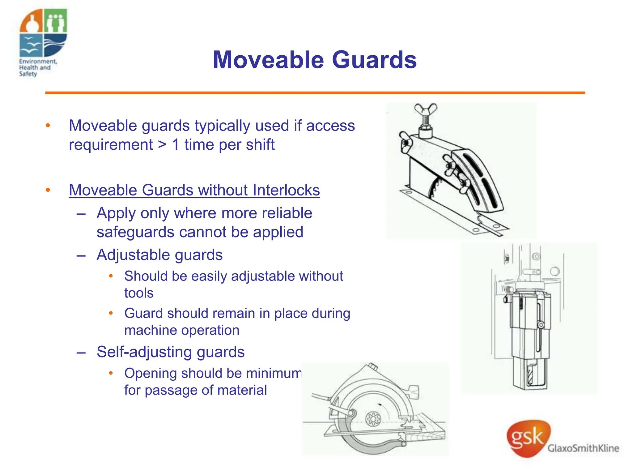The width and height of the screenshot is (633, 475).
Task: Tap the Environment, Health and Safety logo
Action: click(43, 43)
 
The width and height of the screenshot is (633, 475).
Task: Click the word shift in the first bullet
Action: click(260, 145)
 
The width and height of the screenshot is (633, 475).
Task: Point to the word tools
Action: click(139, 293)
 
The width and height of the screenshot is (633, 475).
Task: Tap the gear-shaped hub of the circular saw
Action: click(373, 419)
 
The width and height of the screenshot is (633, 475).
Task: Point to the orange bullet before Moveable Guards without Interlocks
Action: click(48, 190)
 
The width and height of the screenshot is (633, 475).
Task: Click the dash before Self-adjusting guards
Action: click(81, 352)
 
